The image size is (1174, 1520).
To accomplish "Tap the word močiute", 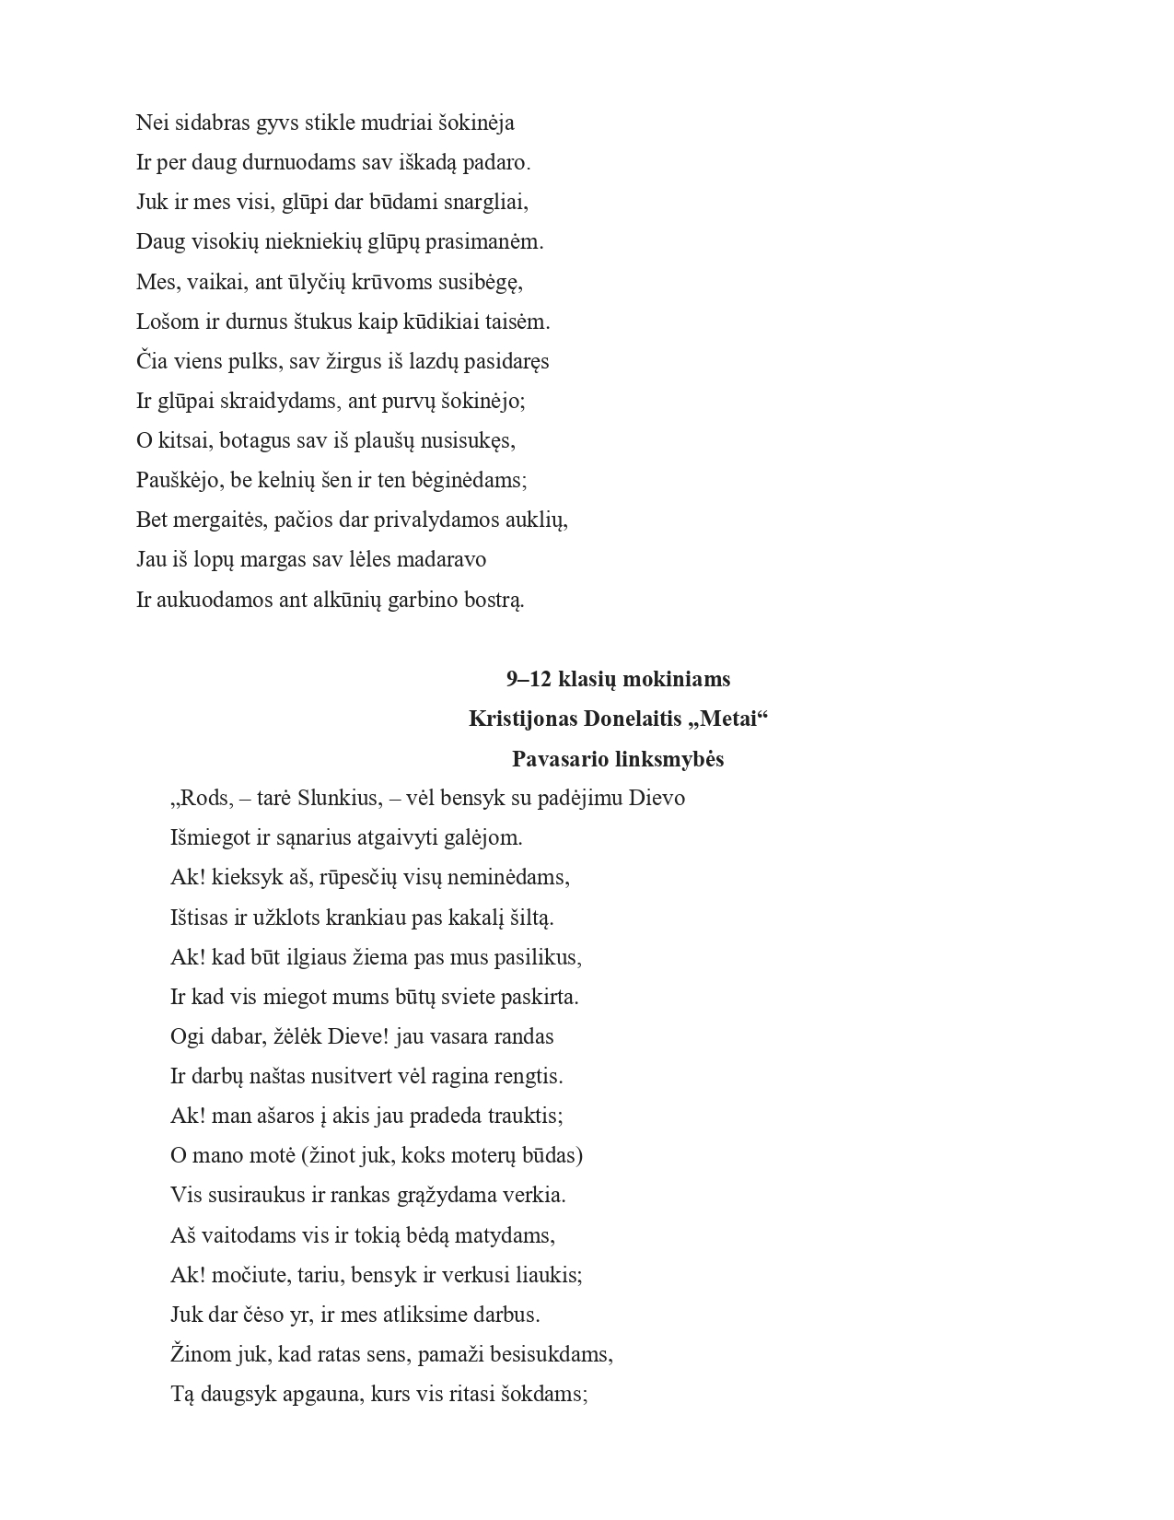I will click(x=246, y=1275).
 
